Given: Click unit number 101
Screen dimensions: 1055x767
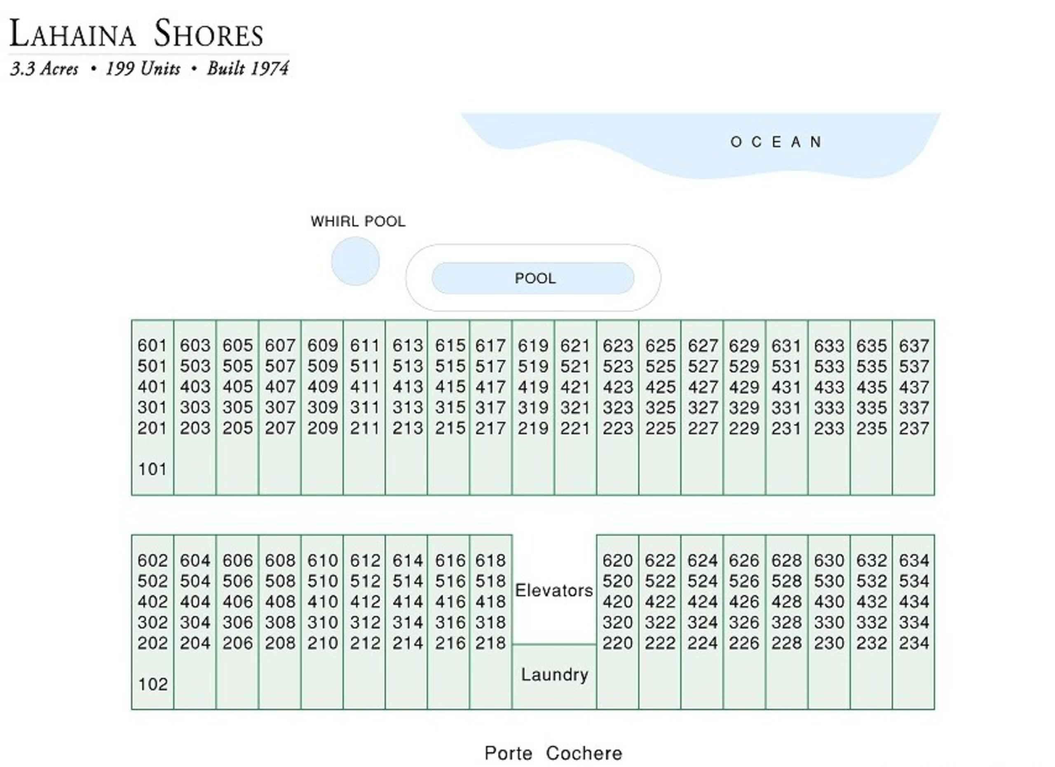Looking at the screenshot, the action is pyautogui.click(x=152, y=469).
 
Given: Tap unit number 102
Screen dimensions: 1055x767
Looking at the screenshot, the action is pyautogui.click(x=152, y=684).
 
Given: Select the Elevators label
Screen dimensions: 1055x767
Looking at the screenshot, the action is pyautogui.click(x=554, y=591).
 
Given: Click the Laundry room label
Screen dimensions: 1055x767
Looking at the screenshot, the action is pyautogui.click(x=554, y=674).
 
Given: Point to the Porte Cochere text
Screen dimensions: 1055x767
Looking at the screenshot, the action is pyautogui.click(x=553, y=753).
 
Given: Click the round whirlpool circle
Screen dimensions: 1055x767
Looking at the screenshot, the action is pyautogui.click(x=355, y=261).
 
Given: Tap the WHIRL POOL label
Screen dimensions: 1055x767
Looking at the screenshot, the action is pyautogui.click(x=358, y=221).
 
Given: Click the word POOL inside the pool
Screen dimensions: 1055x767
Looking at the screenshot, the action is pyautogui.click(x=535, y=278).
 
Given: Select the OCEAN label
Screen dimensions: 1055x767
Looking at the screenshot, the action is pyautogui.click(x=776, y=142).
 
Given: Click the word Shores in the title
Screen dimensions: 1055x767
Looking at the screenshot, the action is pyautogui.click(x=209, y=33).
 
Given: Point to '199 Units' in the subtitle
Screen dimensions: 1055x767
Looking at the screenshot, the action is pyautogui.click(x=143, y=69).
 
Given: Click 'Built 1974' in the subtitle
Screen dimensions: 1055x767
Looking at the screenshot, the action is pyautogui.click(x=248, y=69).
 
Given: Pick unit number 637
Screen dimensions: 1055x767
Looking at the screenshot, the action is pyautogui.click(x=914, y=346).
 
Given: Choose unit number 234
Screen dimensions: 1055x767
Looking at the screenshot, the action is pyautogui.click(x=914, y=643).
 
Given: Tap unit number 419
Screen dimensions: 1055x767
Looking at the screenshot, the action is pyautogui.click(x=533, y=387).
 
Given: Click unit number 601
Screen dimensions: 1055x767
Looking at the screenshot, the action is pyautogui.click(x=152, y=346).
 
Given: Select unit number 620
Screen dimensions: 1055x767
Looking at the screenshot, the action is pyautogui.click(x=618, y=561).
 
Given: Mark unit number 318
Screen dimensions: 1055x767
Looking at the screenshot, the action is pyautogui.click(x=490, y=622).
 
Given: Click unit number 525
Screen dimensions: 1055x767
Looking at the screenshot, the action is pyautogui.click(x=660, y=366).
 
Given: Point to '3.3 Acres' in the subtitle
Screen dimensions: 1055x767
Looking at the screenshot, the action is pyautogui.click(x=44, y=69).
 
